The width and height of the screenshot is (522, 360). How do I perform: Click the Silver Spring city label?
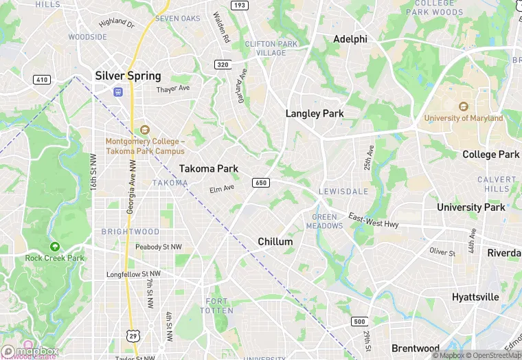click(128, 76)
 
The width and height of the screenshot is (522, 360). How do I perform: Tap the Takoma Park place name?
click(209, 168)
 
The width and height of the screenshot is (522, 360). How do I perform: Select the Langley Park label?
click(315, 113)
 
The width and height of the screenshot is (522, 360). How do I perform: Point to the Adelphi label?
click(350, 39)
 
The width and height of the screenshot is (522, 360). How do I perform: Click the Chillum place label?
click(275, 242)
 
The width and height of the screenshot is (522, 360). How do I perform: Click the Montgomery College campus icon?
click(144, 129)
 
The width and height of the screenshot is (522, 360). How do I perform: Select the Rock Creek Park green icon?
click(54, 247)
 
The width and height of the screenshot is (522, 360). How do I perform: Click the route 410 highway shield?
click(42, 80)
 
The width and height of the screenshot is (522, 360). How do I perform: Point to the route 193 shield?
click(239, 5)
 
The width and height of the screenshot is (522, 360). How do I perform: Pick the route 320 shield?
click(222, 65)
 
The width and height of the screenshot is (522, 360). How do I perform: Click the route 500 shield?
click(359, 322)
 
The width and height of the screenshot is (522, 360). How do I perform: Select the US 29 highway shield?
click(133, 335)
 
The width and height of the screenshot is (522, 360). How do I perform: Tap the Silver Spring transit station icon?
click(118, 91)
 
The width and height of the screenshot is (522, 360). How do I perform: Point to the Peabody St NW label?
click(159, 247)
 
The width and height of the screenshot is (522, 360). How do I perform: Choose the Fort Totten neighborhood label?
click(217, 306)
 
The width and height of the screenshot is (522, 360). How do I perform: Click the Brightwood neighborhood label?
click(130, 232)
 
